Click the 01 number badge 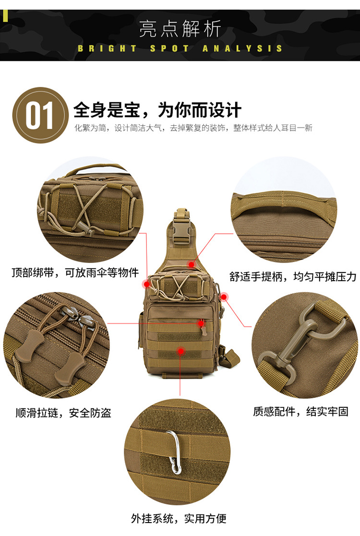40,115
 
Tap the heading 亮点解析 180,29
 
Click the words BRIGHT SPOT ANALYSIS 180,48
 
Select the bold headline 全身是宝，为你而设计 157,110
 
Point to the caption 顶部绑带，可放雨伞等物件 75,273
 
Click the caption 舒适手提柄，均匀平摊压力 293,276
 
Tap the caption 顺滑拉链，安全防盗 63,413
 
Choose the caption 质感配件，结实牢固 300,411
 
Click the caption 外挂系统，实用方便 179,518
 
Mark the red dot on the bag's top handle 192,264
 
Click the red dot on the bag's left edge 147,284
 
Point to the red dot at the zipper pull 201,323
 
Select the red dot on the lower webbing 180,351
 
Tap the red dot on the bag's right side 224,297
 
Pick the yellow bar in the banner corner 5,16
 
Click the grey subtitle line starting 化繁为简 193,128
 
